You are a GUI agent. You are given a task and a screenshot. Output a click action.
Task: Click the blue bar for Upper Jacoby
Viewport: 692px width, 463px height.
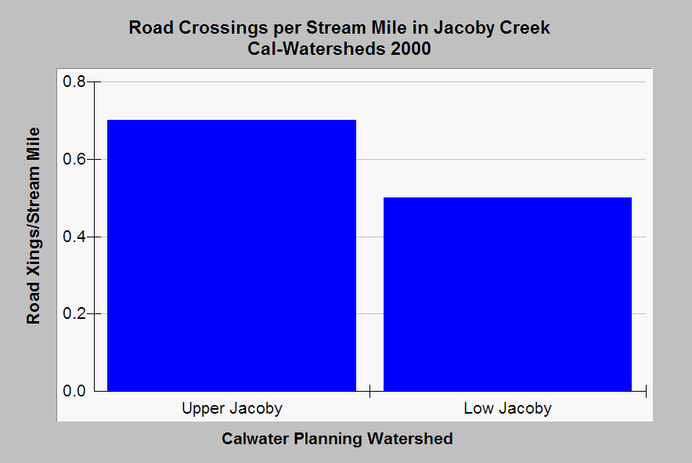click(232, 255)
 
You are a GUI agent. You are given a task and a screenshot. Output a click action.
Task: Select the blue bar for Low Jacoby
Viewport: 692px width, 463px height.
click(507, 295)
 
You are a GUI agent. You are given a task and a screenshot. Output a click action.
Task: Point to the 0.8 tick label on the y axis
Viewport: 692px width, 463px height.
click(74, 81)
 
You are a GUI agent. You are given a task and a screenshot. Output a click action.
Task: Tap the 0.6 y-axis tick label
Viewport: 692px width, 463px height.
click(74, 159)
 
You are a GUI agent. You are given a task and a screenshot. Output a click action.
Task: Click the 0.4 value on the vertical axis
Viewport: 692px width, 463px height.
click(74, 237)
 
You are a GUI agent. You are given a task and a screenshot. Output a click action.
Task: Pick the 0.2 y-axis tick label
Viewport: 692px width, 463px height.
click(74, 313)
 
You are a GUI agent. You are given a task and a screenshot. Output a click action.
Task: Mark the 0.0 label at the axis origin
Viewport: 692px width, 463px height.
click(74, 391)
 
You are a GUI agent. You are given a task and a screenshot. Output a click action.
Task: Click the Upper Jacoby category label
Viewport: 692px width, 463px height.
click(232, 409)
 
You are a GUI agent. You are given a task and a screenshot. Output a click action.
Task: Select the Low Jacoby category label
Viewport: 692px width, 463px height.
click(507, 409)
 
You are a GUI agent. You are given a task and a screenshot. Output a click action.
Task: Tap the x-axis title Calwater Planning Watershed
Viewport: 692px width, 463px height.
click(337, 439)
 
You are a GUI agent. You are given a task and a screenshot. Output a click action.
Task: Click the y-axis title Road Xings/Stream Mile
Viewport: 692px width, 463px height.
click(34, 226)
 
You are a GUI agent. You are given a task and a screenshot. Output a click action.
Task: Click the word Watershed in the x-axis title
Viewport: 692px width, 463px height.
click(410, 439)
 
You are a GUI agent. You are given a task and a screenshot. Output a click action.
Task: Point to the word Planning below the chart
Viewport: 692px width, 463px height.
click(328, 439)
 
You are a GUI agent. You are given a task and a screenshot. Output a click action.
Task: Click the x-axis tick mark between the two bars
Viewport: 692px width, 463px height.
click(369, 391)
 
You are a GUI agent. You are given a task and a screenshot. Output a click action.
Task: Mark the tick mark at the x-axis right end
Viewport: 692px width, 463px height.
click(646, 391)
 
